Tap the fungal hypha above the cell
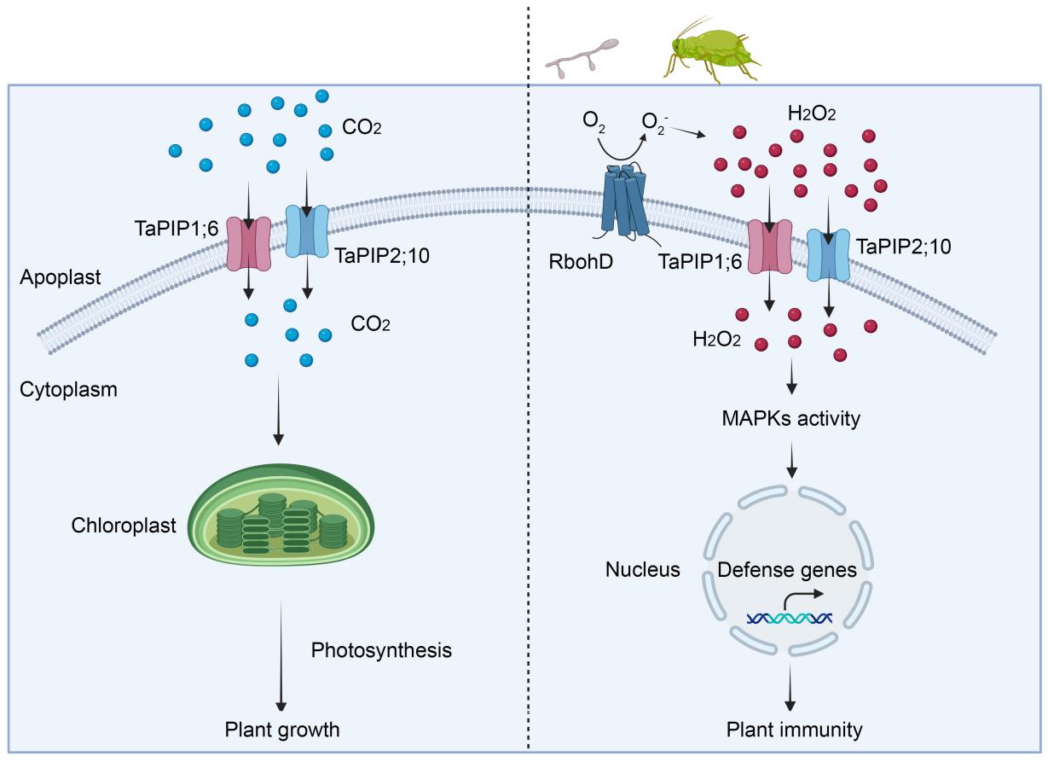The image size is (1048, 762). (580, 58)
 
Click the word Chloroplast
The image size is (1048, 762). (124, 525)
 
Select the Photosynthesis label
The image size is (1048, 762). (380, 650)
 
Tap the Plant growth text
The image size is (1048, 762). (282, 730)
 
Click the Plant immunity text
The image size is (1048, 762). (795, 730)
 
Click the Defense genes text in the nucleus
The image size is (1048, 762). (786, 570)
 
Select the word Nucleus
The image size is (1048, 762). (642, 569)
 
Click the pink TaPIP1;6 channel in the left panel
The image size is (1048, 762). (248, 242)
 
